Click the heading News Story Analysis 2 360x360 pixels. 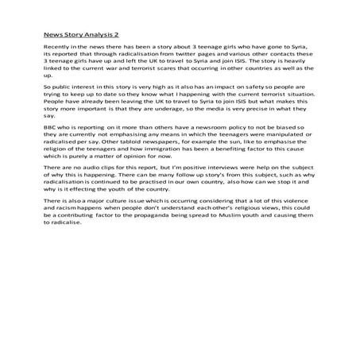(x=82, y=35)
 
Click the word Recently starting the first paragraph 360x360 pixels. (x=56, y=48)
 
